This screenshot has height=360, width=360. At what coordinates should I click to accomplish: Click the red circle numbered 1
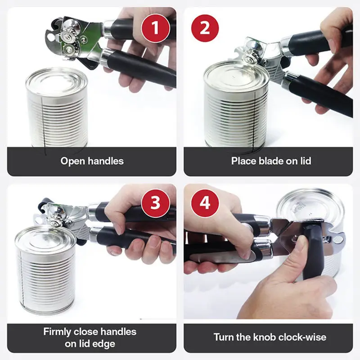point(155,28)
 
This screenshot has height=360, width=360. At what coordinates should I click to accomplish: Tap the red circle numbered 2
point(205,28)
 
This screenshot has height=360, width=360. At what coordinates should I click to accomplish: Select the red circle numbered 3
point(155,203)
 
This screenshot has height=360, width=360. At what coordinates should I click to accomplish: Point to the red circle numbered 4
point(205,203)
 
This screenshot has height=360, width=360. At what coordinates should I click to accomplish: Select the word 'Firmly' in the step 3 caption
point(58,332)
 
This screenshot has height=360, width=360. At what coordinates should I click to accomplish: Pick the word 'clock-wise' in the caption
point(302,337)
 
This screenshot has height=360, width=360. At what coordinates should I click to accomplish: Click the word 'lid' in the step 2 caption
point(306,161)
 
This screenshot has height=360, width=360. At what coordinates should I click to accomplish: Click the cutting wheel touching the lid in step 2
point(249,59)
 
